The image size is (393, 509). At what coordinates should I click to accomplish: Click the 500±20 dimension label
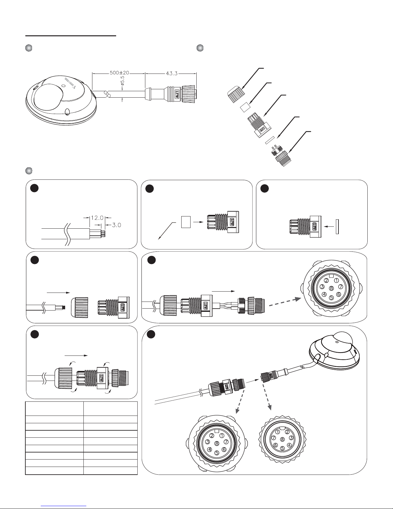(118, 73)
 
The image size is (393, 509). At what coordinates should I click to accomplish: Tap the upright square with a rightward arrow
(186, 222)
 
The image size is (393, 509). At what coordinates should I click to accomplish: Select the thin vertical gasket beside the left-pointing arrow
(337, 226)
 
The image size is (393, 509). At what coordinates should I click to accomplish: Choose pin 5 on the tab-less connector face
(282, 448)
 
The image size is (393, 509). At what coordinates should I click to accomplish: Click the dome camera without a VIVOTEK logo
(334, 353)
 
